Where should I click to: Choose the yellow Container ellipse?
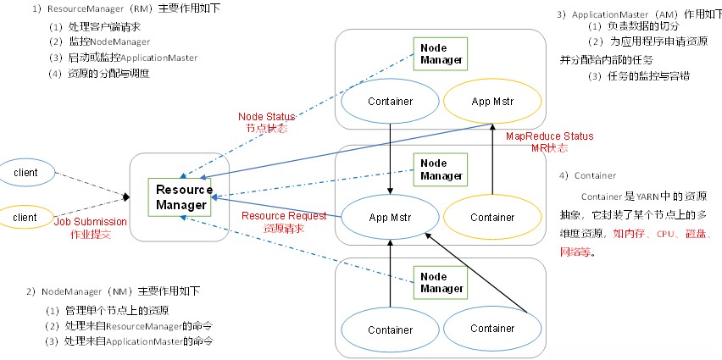pyautogui.click(x=492, y=217)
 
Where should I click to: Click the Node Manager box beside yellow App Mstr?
pyautogui.click(x=441, y=53)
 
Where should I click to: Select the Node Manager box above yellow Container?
pyautogui.click(x=441, y=169)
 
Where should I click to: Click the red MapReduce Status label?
pyautogui.click(x=549, y=136)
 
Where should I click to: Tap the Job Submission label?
pyautogui.click(x=91, y=222)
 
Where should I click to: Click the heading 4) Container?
pyautogui.click(x=586, y=175)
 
